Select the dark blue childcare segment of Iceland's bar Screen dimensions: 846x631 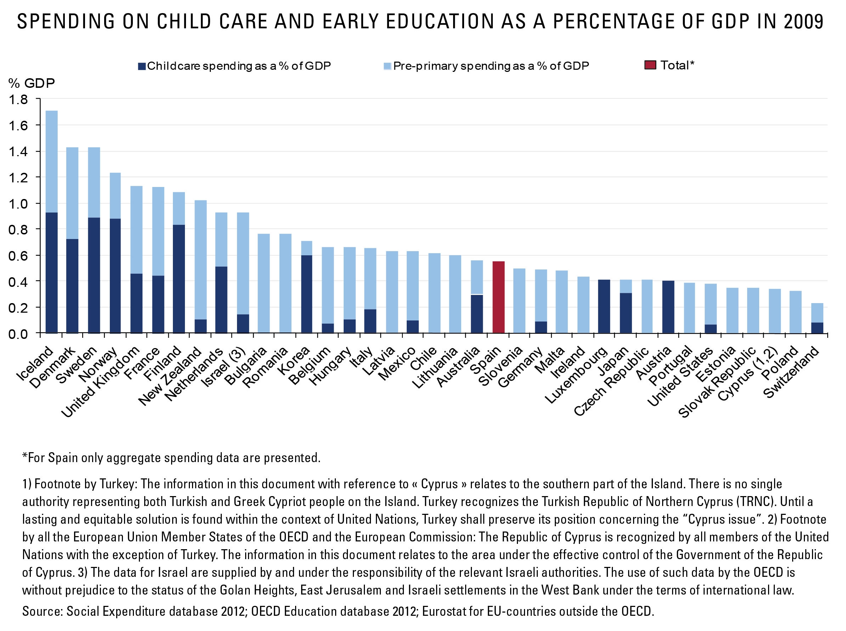pos(52,273)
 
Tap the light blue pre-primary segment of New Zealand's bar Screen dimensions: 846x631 pos(201,260)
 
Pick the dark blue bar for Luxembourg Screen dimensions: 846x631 pos(604,306)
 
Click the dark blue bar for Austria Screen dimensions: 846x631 pos(668,307)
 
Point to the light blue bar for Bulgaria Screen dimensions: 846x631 pos(264,283)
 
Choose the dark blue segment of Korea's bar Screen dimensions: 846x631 pos(306,294)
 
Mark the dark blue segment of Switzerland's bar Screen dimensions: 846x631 pos(817,328)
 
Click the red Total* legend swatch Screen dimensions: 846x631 pos(650,65)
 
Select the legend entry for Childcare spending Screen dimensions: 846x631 pos(234,66)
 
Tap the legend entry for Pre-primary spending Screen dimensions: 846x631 pos(486,66)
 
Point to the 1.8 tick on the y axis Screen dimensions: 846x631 pos(38,99)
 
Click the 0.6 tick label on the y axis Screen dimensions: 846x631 pos(18,256)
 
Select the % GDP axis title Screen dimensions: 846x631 pos(32,83)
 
